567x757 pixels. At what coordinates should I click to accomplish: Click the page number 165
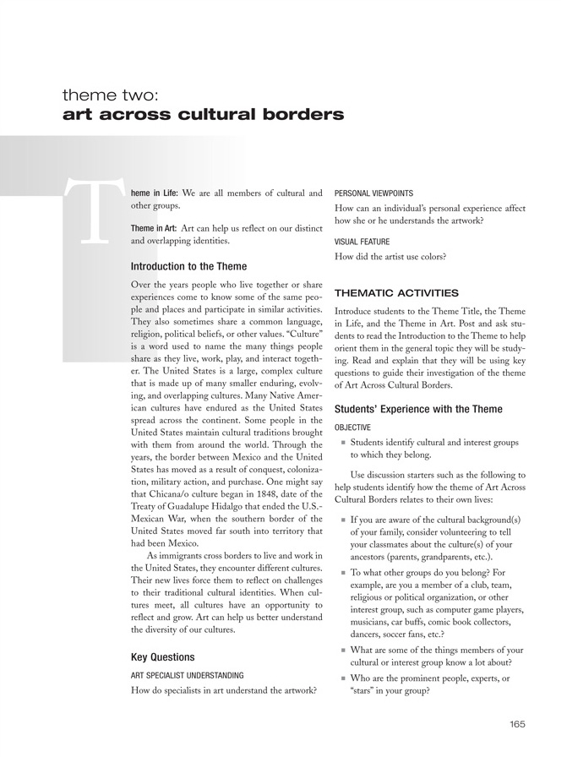pos(518,723)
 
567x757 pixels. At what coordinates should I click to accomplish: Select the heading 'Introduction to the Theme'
pos(189,266)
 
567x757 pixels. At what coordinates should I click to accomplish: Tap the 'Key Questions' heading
pos(163,656)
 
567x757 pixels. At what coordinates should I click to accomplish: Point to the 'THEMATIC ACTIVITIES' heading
pos(397,293)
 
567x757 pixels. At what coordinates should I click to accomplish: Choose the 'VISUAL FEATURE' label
pos(365,239)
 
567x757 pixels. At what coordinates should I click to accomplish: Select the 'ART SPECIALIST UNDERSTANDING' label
pos(188,676)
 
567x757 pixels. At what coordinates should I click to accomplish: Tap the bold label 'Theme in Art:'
pos(154,228)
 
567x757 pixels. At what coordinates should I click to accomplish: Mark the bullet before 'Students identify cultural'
pos(342,442)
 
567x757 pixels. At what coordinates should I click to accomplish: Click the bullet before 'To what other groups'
pos(342,572)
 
